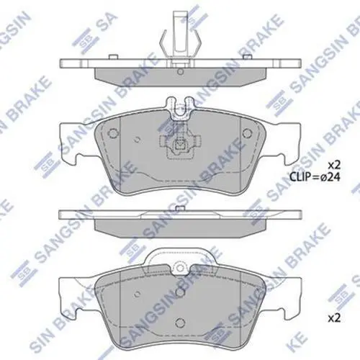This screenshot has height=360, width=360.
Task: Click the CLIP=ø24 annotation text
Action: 315,177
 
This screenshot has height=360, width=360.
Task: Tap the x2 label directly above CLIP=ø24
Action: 334,165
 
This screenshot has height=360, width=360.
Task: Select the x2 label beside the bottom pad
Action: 334,319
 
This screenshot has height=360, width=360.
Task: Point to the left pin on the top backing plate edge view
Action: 113,57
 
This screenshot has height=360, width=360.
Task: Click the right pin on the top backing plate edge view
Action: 248,57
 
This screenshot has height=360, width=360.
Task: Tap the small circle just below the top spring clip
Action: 180,71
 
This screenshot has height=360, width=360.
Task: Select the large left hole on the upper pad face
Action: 113,132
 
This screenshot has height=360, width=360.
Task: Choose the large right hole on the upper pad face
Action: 248,132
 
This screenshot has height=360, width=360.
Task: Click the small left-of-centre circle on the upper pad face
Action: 138,140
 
